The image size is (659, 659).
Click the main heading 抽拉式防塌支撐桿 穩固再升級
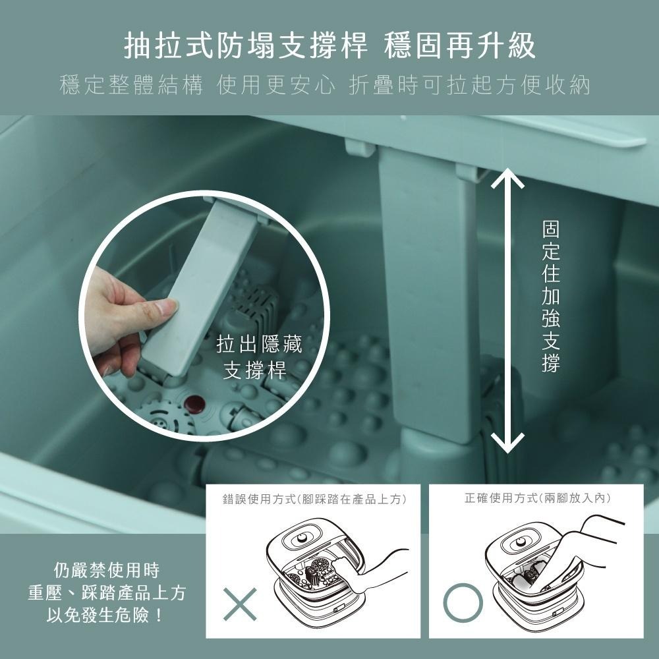329,46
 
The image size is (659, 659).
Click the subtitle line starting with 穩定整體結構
324,86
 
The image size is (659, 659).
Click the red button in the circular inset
193,403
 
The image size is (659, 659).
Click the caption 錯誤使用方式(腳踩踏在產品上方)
314,500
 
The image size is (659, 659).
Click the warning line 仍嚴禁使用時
105,569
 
